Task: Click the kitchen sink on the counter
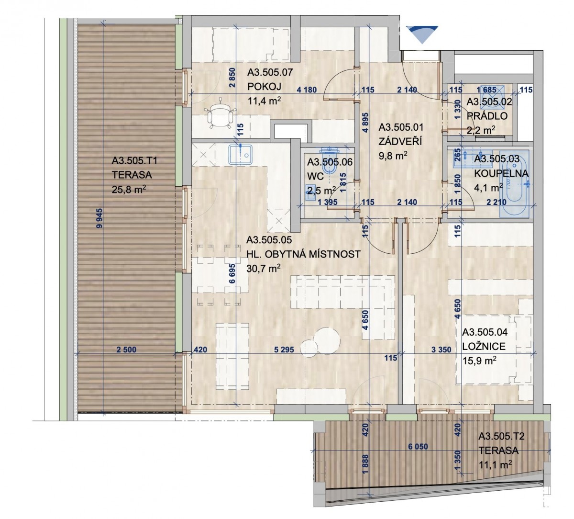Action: click(x=240, y=154)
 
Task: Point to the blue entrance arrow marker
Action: click(x=421, y=34)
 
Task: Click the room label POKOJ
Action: click(x=265, y=86)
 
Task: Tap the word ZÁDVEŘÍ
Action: click(x=400, y=141)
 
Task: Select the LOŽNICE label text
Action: click(x=484, y=346)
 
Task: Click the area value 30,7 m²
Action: click(x=263, y=269)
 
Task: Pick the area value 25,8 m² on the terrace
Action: click(x=129, y=189)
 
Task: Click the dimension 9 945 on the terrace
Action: click(x=100, y=218)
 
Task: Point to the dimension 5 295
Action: click(x=284, y=350)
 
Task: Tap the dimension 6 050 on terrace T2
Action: click(x=418, y=447)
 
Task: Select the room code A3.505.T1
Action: click(x=134, y=161)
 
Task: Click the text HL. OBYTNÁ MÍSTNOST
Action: click(x=303, y=254)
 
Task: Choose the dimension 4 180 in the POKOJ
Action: click(x=307, y=90)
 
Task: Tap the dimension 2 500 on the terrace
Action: click(x=126, y=350)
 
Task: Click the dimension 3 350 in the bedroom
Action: click(x=441, y=350)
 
